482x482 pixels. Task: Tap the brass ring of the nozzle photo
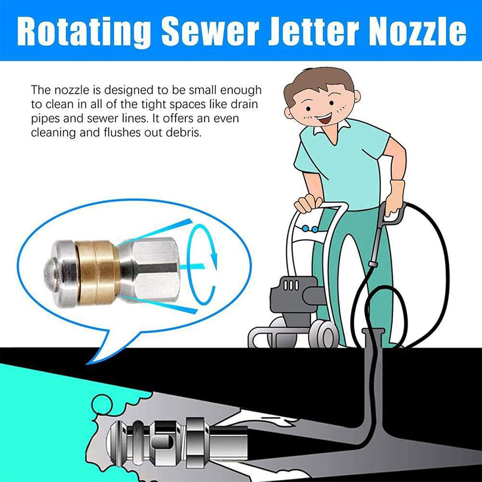97,272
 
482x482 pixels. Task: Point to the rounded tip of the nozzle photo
51,271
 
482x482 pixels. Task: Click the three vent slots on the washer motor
291,285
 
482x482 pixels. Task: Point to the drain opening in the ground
374,332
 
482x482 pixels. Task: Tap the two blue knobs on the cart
310,228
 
